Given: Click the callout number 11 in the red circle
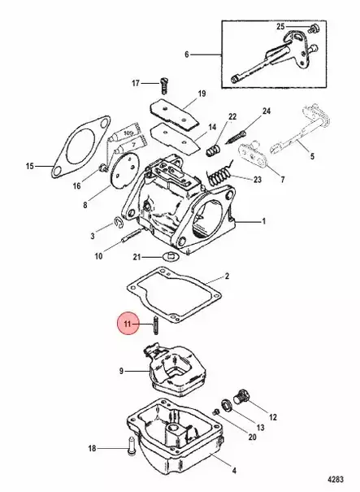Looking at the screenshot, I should pos(127,324).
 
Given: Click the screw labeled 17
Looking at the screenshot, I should pos(165,82).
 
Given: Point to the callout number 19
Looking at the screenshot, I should pos(201,94).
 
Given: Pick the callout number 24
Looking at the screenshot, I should pos(266,111).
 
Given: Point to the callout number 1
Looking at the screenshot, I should pos(262,220).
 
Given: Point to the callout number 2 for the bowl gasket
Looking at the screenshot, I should pos(228,276).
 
